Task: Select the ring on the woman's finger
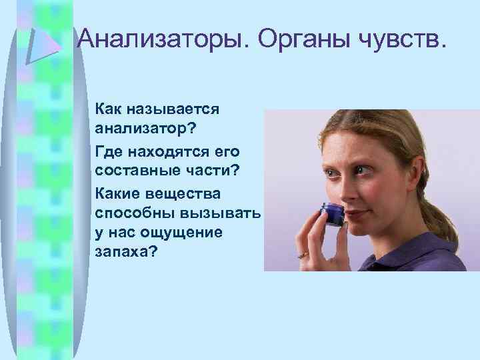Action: [303, 254]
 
